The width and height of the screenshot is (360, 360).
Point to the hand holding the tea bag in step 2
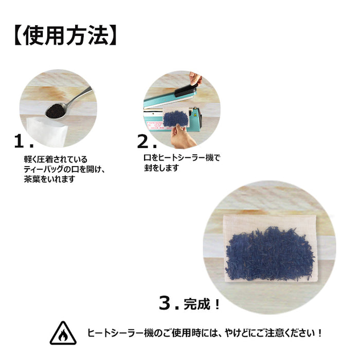tap(183, 137)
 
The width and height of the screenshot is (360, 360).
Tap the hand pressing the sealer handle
tap(195, 79)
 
